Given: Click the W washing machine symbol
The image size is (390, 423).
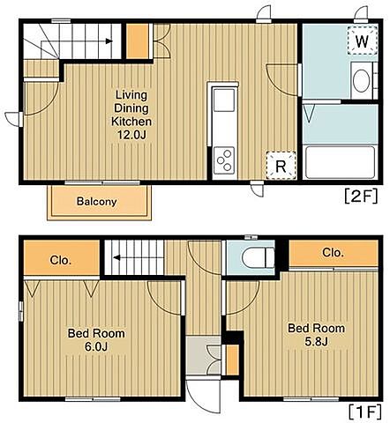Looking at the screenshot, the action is [x=362, y=41].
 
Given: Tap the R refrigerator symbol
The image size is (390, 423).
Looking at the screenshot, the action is [x=281, y=166].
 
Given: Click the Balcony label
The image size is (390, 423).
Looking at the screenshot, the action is [x=97, y=202].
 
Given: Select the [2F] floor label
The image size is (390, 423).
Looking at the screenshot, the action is [x=361, y=197].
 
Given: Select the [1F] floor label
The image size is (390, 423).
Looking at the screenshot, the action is [x=364, y=412].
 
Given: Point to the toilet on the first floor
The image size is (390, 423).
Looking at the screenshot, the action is [x=259, y=257].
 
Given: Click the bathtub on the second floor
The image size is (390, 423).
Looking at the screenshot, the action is [x=341, y=162].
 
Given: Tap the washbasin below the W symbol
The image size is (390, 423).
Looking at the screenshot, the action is [x=362, y=81].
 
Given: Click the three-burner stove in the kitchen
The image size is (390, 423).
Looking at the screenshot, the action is [x=224, y=160].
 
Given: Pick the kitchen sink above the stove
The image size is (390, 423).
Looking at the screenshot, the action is [x=224, y=100].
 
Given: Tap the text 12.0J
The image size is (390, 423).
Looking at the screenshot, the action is [x=131, y=135].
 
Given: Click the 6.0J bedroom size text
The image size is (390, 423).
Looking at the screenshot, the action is [x=96, y=346].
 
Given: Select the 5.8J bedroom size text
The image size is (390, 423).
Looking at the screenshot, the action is [x=316, y=341].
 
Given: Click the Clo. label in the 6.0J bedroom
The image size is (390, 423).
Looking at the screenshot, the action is [x=61, y=260].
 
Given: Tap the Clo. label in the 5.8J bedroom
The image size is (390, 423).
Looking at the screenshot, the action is [x=333, y=252].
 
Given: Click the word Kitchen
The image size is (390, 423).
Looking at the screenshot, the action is [x=131, y=122].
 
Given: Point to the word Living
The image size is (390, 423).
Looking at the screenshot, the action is [x=131, y=95].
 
